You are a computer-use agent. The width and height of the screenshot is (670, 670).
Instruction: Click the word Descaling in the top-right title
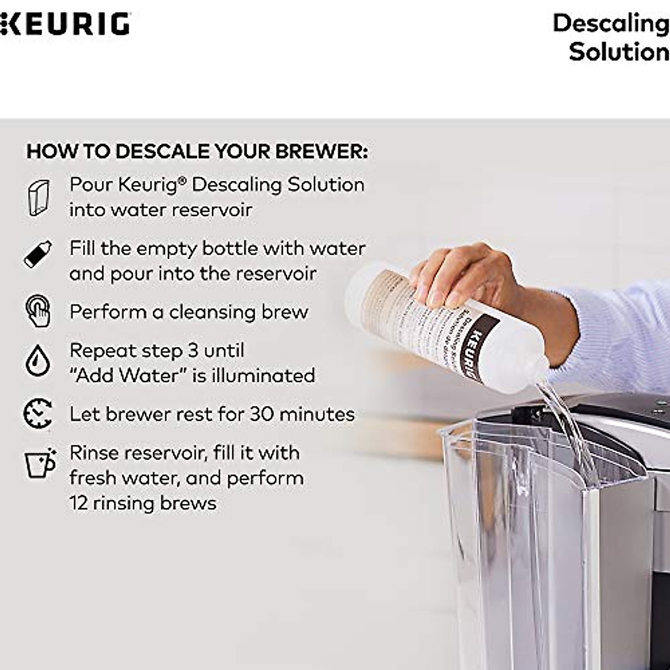[611, 23]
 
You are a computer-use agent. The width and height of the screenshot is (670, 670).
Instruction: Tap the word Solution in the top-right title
[619, 52]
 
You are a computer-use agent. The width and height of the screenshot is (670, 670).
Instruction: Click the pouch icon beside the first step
[39, 198]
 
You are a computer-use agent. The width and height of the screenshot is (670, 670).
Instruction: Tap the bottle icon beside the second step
[38, 255]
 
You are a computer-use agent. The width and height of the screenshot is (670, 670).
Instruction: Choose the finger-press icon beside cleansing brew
[38, 311]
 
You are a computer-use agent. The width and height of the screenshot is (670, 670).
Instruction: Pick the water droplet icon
[37, 360]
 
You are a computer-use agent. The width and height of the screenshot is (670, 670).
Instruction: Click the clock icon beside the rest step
[38, 414]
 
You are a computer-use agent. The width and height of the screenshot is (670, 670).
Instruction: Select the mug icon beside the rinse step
[40, 463]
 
